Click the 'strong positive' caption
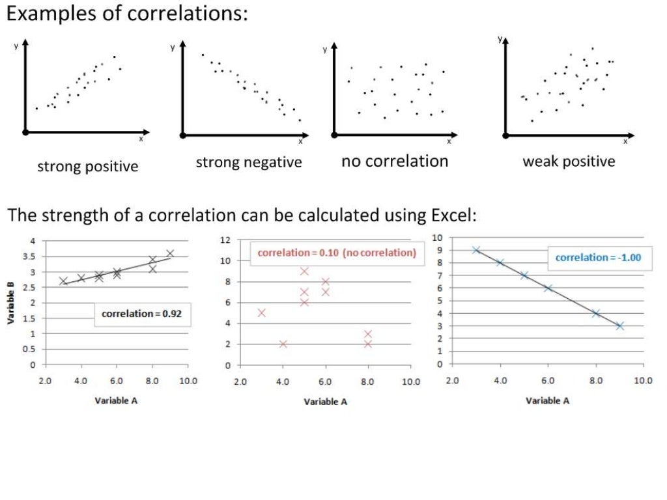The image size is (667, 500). click(87, 166)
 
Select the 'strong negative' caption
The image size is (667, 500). click(249, 162)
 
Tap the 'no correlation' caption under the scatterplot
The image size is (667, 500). click(395, 161)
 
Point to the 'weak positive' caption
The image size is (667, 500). click(569, 161)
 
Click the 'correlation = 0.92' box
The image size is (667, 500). click(141, 314)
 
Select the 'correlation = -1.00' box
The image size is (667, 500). click(598, 257)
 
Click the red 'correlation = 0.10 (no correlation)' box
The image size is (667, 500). click(337, 253)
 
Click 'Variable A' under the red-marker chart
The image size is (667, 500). click(326, 402)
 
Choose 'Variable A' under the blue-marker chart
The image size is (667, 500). click(548, 400)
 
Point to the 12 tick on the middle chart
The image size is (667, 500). click(226, 240)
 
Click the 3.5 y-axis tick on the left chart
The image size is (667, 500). click(30, 257)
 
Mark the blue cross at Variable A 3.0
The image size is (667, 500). click(476, 250)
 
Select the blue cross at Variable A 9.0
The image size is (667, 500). click(619, 326)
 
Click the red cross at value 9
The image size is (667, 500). click(304, 271)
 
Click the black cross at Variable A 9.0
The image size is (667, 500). click(170, 253)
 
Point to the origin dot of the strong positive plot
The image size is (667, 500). click(25, 132)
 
